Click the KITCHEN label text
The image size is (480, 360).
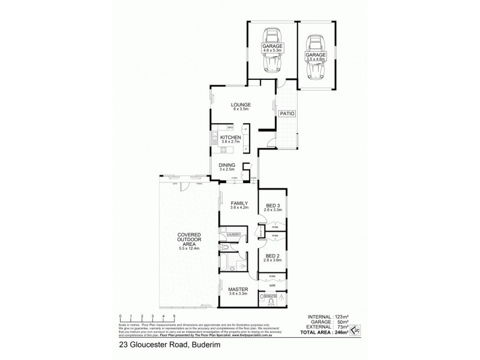[x=230, y=138]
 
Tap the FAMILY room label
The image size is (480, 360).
[x=239, y=203]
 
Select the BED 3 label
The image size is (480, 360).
[x=274, y=206]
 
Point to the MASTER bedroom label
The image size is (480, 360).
[x=239, y=289]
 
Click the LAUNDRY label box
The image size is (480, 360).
[x=233, y=235]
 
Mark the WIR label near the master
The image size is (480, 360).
[x=272, y=286]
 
